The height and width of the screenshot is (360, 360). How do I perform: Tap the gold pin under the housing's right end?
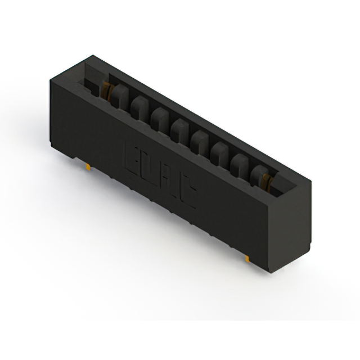click(247, 258)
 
